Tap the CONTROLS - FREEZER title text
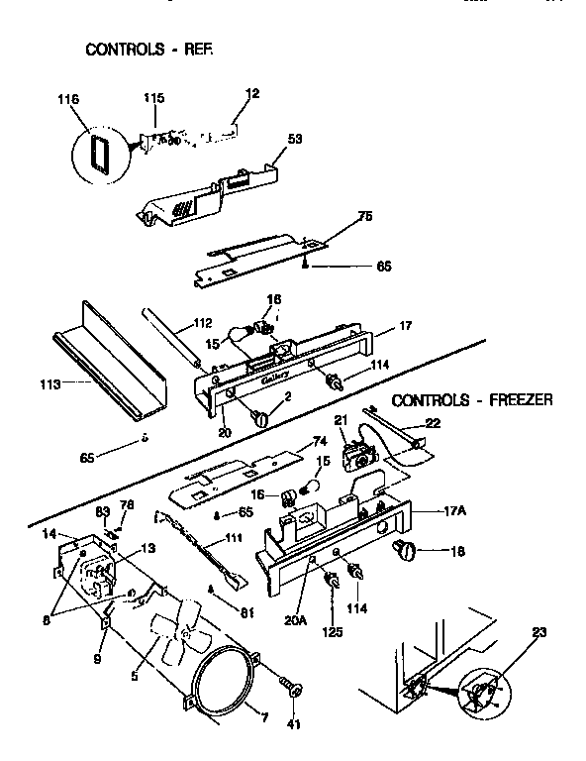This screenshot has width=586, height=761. [471, 401]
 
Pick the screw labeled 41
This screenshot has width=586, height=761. [291, 689]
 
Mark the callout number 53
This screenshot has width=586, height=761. [294, 140]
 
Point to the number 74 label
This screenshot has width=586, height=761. [319, 442]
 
